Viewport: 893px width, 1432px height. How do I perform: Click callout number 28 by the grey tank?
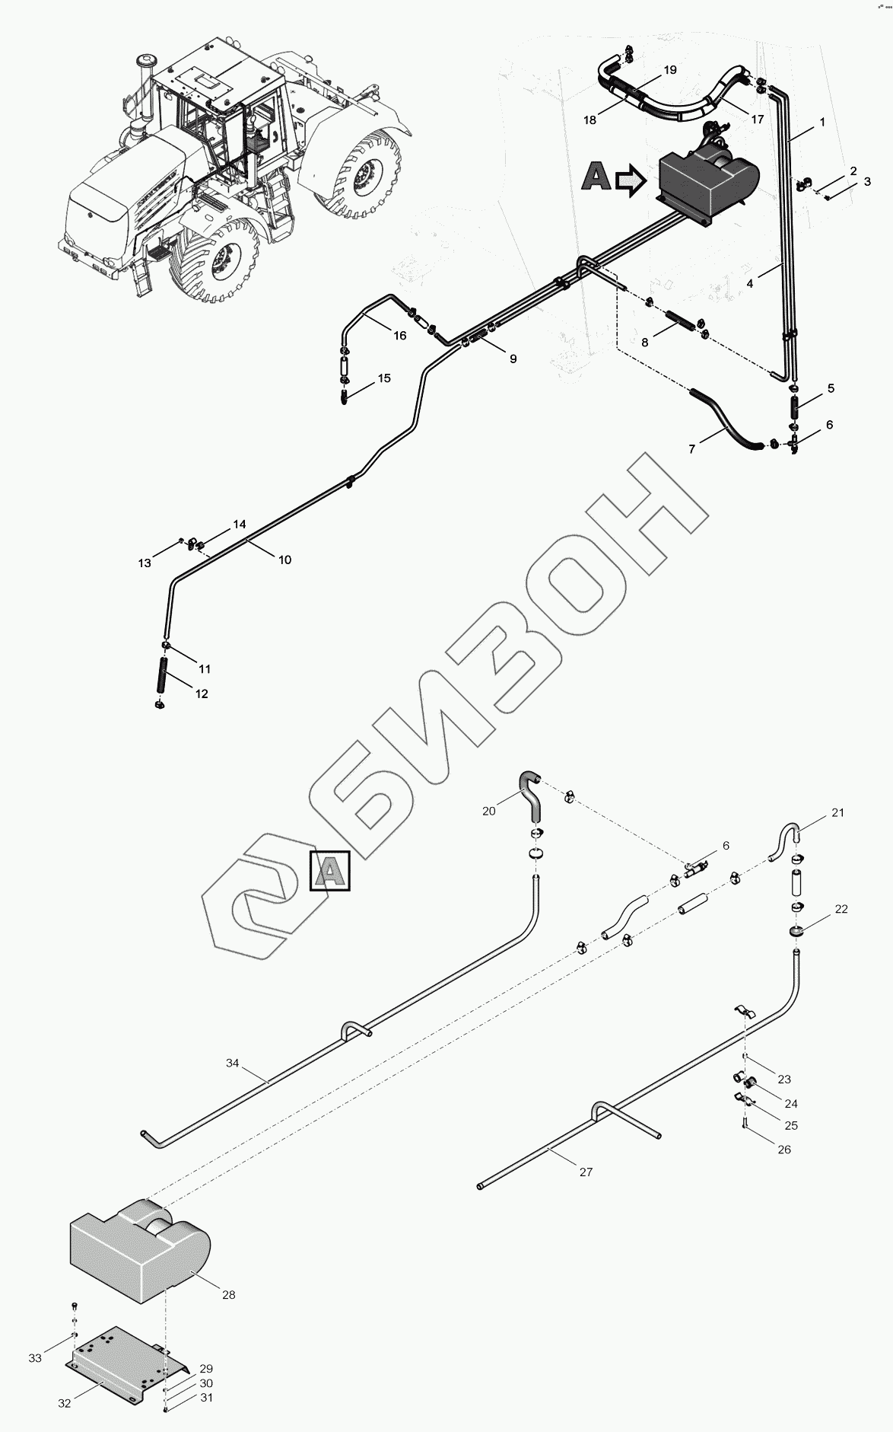229,1294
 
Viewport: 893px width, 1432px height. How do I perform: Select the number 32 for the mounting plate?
65,1403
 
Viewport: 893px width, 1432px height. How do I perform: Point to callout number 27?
586,1172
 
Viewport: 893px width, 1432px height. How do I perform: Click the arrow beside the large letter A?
630,181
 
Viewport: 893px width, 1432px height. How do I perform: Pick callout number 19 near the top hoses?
669,70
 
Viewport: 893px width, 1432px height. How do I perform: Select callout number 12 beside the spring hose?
202,694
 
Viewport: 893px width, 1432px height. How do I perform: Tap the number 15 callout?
384,378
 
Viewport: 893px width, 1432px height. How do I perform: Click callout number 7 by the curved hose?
691,449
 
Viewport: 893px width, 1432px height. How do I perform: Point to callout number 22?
841,909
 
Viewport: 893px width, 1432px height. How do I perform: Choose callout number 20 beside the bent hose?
489,811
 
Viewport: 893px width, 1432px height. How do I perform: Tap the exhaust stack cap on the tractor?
145,59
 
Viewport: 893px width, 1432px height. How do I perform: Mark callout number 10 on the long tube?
284,560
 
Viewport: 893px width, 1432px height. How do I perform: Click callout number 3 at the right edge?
866,182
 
